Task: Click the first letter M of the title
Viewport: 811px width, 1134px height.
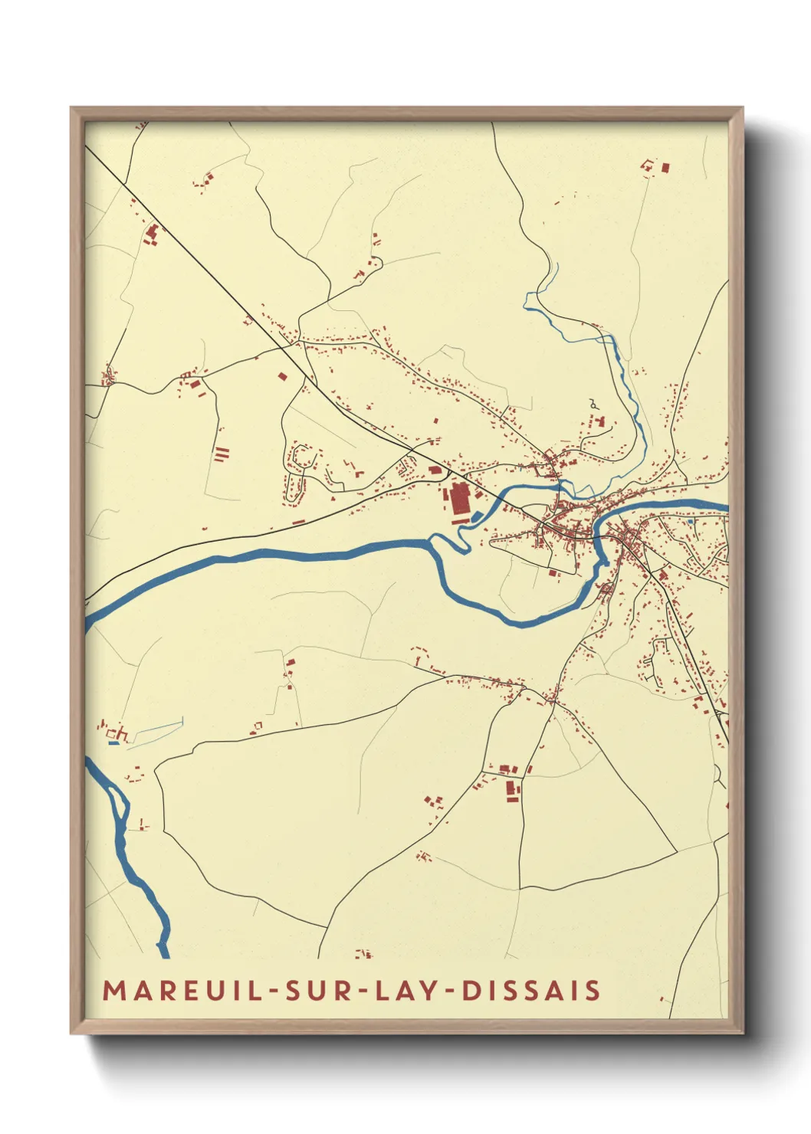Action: [x=113, y=990]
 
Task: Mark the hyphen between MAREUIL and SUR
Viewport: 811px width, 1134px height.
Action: [x=275, y=991]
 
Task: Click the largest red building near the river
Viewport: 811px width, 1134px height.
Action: [x=459, y=499]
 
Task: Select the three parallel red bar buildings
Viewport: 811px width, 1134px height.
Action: [x=222, y=454]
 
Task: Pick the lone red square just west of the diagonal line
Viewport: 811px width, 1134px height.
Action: [x=283, y=376]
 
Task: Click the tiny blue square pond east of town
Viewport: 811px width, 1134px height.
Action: [x=690, y=521]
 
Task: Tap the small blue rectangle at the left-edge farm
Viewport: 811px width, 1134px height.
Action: [x=113, y=742]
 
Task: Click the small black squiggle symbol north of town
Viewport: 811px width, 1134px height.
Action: [x=593, y=402]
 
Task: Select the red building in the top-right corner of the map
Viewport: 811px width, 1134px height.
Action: [x=665, y=166]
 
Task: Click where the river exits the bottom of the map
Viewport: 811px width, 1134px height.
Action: [x=163, y=953]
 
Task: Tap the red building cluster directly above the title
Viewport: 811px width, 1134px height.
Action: [x=363, y=954]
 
